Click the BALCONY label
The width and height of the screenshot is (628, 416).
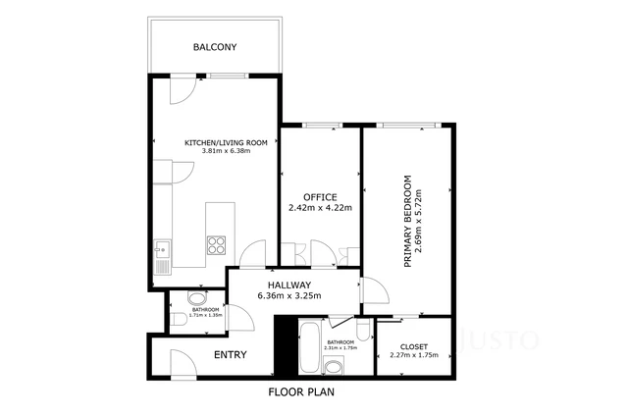pos(214,47)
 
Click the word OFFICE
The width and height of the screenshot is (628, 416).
pos(320,197)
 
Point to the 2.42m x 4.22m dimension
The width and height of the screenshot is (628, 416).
pos(320,208)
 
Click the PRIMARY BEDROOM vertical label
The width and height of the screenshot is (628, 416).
pos(407,222)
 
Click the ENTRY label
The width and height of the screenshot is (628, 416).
pos(230,354)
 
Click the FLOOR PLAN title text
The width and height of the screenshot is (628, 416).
pos(301,392)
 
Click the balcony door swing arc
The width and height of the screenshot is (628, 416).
pos(180,92)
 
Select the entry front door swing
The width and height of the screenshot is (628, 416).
pos(183,364)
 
